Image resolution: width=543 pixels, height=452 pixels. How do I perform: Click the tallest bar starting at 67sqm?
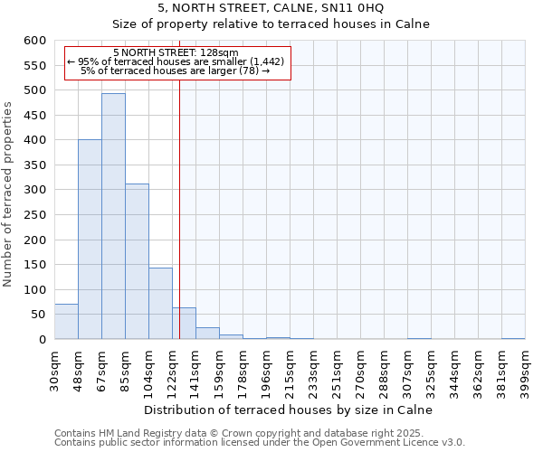coord(113,217)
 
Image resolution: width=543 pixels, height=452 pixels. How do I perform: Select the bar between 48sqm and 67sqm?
coord(90,240)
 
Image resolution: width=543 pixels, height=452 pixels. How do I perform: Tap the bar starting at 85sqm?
coord(137,262)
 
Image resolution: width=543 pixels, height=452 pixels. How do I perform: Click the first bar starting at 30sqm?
coord(66,322)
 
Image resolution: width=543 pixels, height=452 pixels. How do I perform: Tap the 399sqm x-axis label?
coord(525,371)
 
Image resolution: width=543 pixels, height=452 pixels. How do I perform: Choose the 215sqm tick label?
coord(290,371)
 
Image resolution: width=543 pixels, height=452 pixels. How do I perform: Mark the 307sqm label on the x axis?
coord(407,371)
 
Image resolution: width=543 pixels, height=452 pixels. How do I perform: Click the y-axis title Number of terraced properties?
coord(9,193)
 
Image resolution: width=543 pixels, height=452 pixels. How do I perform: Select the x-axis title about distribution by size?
coord(290,410)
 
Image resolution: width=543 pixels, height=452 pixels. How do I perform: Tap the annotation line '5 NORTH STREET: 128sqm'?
coord(176,52)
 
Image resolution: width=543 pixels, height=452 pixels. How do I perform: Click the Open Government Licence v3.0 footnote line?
coord(260,443)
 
